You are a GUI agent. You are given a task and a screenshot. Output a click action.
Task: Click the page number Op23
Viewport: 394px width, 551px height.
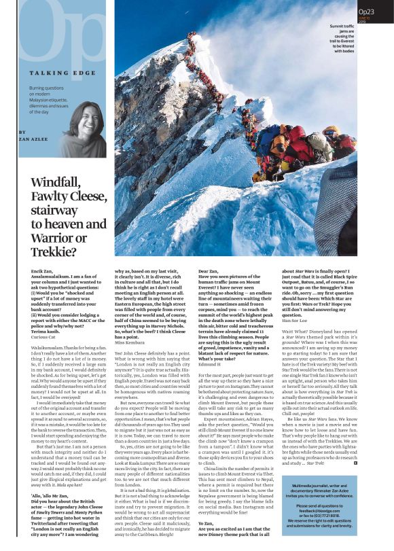(367, 12)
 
